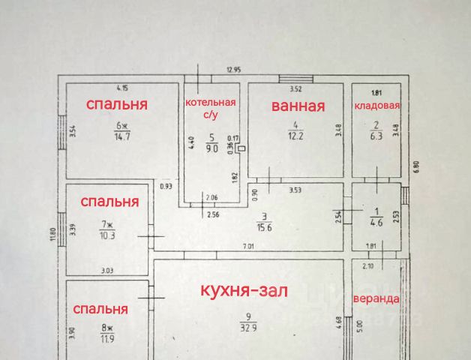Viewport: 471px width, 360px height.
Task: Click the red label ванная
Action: pyautogui.click(x=298, y=106)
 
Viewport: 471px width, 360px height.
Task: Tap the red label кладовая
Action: pyautogui.click(x=377, y=106)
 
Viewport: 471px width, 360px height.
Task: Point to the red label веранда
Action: pyautogui.click(x=376, y=298)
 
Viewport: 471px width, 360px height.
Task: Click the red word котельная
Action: pyautogui.click(x=211, y=102)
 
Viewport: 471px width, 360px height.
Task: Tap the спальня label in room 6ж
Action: pyautogui.click(x=116, y=103)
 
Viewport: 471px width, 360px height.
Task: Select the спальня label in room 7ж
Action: pyautogui.click(x=109, y=201)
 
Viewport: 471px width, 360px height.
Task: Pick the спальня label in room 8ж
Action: pyautogui.click(x=100, y=308)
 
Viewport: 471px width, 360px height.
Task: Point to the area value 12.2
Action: pyautogui.click(x=297, y=136)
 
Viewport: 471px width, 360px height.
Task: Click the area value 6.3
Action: pyautogui.click(x=376, y=136)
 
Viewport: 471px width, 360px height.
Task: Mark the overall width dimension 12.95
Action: pyautogui.click(x=236, y=70)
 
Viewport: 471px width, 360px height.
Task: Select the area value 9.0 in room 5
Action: pyautogui.click(x=212, y=148)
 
